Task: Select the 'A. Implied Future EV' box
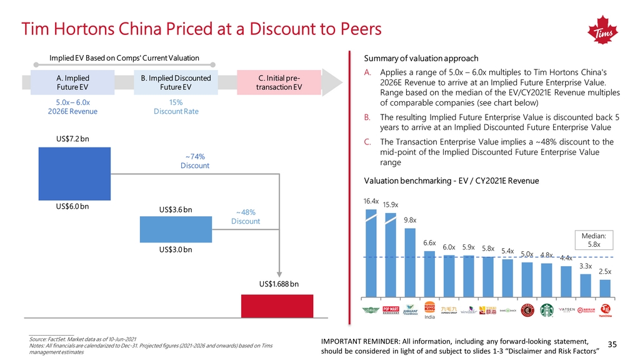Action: tap(68, 82)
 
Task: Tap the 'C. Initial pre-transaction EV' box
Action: tap(280, 82)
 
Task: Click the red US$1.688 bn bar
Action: tap(277, 305)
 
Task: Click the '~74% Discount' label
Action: tap(195, 161)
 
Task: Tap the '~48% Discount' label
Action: tap(245, 216)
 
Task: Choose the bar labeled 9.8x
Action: tap(410, 262)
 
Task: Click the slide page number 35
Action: tap(612, 344)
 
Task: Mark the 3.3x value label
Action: tap(586, 267)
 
